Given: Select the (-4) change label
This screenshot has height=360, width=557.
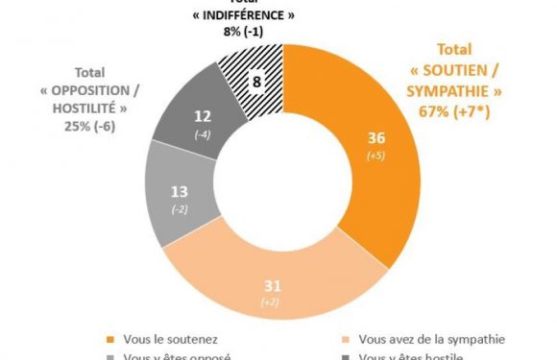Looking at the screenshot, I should (x=204, y=133).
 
